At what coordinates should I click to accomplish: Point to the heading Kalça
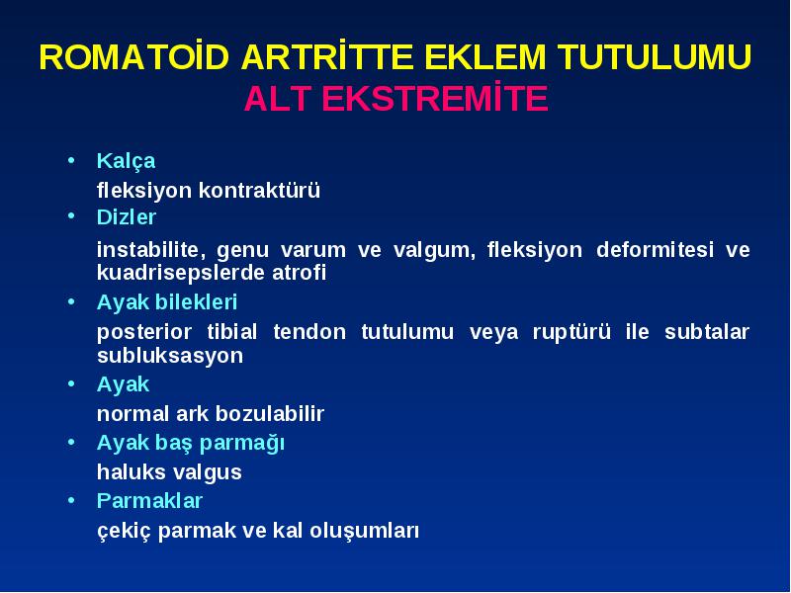pos(127,162)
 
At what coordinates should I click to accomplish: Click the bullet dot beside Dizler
pos(71,215)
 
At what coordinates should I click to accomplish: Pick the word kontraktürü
pos(259,190)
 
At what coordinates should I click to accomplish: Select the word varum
pos(312,251)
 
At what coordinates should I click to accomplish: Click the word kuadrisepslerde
pos(181,273)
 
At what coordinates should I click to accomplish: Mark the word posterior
pos(144,333)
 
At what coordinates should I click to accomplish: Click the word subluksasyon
pos(170,356)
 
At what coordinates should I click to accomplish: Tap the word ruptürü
pos(571,333)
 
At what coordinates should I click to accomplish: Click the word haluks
pos(131,472)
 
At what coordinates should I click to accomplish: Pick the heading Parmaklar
pos(149,501)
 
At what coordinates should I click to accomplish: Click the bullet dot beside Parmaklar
pos(71,501)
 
